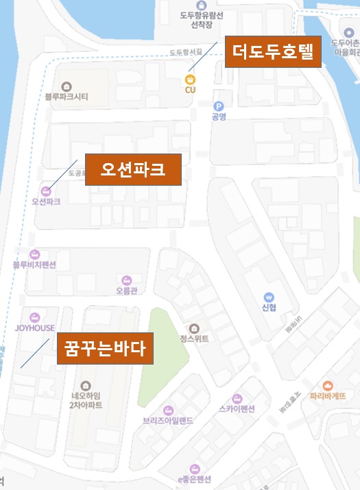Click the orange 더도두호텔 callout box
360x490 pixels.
[273, 51]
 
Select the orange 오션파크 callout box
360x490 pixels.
[133, 169]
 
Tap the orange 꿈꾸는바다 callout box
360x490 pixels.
[105, 348]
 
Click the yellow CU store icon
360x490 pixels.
[190, 80]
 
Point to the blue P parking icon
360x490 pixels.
[219, 106]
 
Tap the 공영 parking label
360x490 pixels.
[219, 117]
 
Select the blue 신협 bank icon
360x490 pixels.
[269, 297]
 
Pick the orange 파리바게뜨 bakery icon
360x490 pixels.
[327, 386]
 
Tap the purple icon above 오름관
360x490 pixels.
[126, 280]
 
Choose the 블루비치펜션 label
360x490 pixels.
[34, 265]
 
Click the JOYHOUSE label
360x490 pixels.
[35, 328]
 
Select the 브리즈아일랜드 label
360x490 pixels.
[168, 420]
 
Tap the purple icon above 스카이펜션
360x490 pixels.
[237, 398]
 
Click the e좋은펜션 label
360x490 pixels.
[195, 479]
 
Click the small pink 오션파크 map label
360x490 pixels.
[46, 202]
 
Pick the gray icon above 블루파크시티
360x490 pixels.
[66, 86]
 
